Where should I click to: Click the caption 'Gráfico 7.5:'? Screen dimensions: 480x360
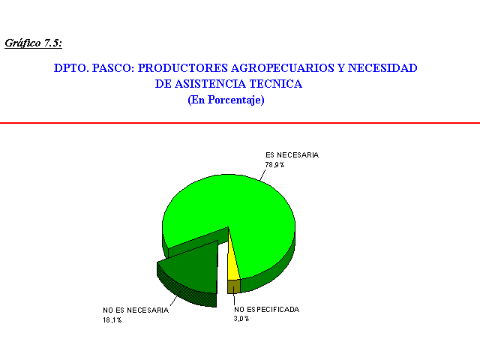tap(33, 43)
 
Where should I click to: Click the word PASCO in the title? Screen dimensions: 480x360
tap(113, 68)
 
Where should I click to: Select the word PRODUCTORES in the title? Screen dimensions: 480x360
tap(183, 68)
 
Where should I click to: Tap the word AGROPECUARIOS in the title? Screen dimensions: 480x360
tap(283, 68)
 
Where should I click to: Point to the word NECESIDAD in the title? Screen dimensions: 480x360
tap(382, 68)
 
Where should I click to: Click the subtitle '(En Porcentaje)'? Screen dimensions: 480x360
tap(226, 100)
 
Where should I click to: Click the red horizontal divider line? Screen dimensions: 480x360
tap(240, 123)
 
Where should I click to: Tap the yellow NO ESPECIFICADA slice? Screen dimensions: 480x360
tap(233, 269)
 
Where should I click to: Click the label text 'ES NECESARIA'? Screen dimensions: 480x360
tap(292, 155)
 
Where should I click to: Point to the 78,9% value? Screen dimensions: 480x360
tap(274, 165)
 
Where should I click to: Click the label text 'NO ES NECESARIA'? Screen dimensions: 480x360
tap(136, 310)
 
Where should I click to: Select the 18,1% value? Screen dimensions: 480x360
tap(112, 320)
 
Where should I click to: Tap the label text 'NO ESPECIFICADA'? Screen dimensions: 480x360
tap(266, 310)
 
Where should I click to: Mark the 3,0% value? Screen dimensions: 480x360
tap(241, 319)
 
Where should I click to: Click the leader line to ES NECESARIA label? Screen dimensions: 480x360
tap(262, 175)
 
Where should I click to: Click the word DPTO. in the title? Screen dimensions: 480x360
tap(71, 68)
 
